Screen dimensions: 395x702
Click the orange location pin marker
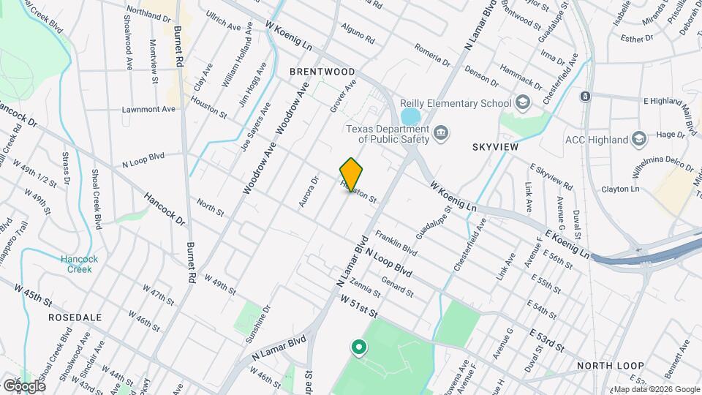point(351,174)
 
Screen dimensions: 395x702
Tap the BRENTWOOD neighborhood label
point(322,72)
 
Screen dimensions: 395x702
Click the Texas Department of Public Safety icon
point(441,132)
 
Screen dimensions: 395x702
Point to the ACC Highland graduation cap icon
point(639,139)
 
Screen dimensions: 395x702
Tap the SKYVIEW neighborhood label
point(496,147)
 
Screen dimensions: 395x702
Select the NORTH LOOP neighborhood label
point(610,365)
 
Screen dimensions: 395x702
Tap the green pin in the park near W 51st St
point(358,347)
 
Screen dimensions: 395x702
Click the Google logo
point(23,385)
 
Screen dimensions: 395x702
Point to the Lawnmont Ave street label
point(149,110)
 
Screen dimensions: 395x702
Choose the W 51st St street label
point(358,305)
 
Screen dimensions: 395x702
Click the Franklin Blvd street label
point(396,244)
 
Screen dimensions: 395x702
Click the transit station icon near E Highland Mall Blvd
point(585,96)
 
